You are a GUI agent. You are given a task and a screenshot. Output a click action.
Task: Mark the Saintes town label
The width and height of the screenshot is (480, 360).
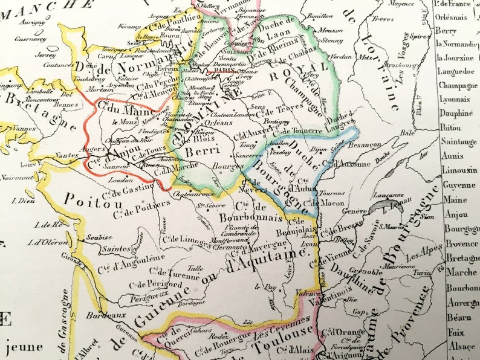point(116,248)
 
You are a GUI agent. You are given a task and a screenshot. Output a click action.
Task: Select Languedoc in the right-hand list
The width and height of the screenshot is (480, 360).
point(455,71)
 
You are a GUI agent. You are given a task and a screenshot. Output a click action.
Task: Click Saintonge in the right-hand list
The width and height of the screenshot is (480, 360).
point(458,141)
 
